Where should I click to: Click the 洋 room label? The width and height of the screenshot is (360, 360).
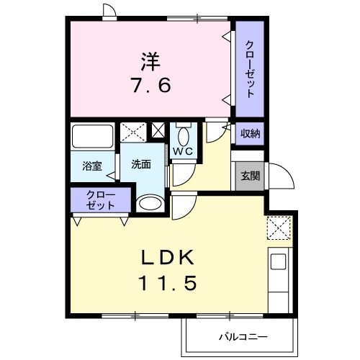pos(150,61)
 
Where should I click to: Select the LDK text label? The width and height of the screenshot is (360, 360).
pos(168,256)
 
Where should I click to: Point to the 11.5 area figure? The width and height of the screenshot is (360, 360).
pos(168,283)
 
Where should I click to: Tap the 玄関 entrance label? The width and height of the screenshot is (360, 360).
pos(250,176)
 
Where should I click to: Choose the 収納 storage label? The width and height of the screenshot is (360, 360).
pos(250,134)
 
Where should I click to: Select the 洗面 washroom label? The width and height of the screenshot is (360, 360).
pos(141,164)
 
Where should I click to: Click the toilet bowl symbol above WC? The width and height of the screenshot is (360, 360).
pos(183,135)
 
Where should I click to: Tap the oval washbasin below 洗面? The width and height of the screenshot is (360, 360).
pos(150,204)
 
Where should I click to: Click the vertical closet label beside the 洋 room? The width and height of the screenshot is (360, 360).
pos(250,70)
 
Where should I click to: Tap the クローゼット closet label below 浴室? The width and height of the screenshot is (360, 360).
pos(100,199)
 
